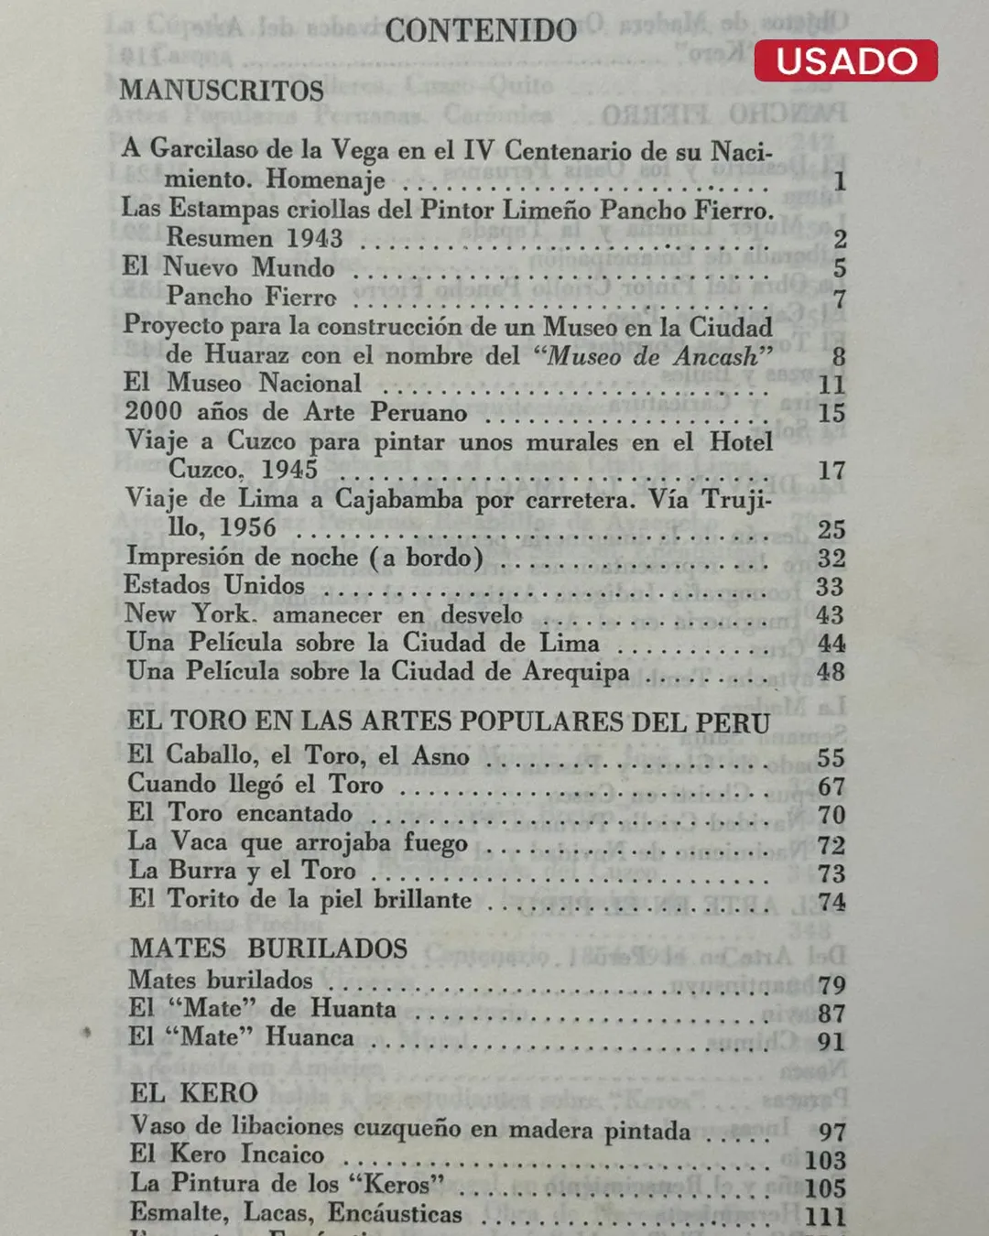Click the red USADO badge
(x=846, y=60)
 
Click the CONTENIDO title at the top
(x=481, y=31)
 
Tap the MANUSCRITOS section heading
(x=222, y=91)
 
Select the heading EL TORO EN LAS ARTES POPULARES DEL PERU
(x=448, y=721)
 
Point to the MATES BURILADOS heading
(x=268, y=949)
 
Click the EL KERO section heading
(x=194, y=1093)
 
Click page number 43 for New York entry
(x=831, y=615)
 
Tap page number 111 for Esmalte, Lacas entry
(x=825, y=1217)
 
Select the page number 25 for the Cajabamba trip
(x=831, y=529)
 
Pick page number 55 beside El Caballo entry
(x=831, y=758)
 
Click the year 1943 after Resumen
(x=314, y=238)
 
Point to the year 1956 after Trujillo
(x=247, y=528)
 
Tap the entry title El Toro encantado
(x=240, y=813)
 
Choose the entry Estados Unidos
(x=215, y=585)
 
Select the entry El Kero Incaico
(x=227, y=1155)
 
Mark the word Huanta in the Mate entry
(x=353, y=1009)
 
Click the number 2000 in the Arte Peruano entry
(x=154, y=412)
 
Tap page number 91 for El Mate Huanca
(x=831, y=1042)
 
